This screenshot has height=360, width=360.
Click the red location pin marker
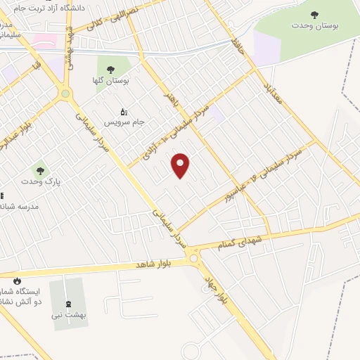coord(181,166)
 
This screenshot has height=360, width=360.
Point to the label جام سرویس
coord(124,122)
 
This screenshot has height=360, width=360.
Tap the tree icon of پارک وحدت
coord(40,170)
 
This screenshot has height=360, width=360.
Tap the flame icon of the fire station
coord(17,280)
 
